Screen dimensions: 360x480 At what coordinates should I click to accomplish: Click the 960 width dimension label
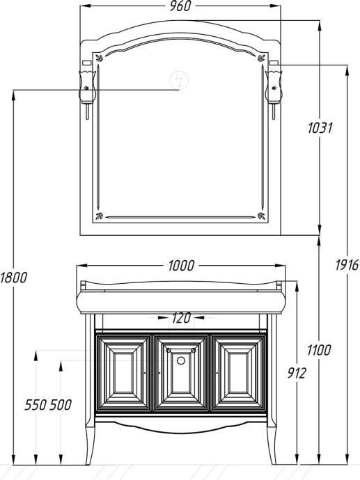point(180,6)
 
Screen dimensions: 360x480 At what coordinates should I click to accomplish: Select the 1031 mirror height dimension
point(320,128)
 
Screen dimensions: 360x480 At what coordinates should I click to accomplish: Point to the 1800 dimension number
point(14,278)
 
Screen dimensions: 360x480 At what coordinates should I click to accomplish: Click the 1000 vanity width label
point(181,266)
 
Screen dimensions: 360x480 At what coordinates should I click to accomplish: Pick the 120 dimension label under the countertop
point(181,318)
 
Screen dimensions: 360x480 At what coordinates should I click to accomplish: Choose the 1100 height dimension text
point(319,350)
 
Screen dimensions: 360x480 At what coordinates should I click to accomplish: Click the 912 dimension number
point(297,373)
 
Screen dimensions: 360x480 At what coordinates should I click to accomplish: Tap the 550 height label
point(36,405)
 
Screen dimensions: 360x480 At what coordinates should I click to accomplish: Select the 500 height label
point(61,405)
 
